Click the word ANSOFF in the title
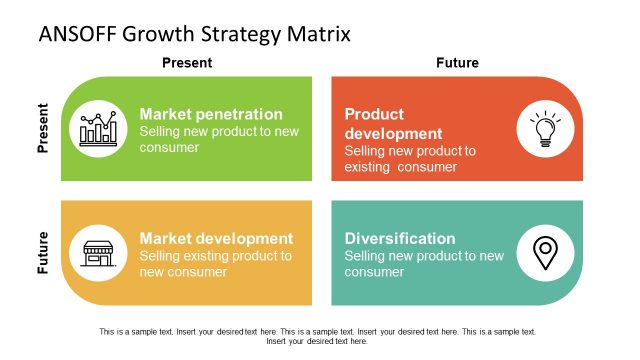click(78, 34)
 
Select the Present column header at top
click(187, 63)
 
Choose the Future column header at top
click(457, 63)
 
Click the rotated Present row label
click(43, 129)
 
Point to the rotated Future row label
click(43, 253)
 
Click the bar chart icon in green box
click(98, 129)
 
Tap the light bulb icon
click(545, 129)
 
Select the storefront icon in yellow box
click(98, 253)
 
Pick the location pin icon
click(545, 253)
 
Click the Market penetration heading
click(211, 114)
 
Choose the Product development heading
click(393, 124)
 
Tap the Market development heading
click(216, 239)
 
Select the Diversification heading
click(400, 239)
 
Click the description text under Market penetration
click(219, 140)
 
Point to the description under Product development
click(410, 159)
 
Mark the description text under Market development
click(216, 264)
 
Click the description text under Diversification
click(424, 264)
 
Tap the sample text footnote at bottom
click(317, 336)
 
